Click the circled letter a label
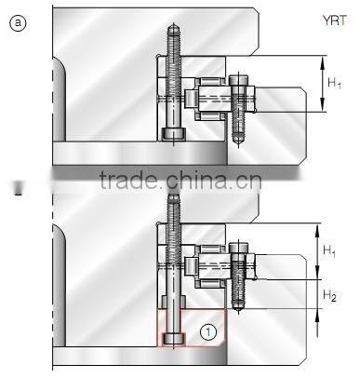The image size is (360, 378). coord(18,23)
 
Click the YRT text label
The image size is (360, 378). coord(335,20)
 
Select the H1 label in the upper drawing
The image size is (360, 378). coord(335,83)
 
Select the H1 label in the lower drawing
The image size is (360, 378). coord(329,250)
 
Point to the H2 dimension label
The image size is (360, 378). coord(329,295)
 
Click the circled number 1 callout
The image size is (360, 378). coord(208,332)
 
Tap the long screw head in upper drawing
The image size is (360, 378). coord(174,133)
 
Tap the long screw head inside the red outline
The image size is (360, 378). coord(174,338)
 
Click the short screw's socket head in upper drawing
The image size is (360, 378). coord(238,85)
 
